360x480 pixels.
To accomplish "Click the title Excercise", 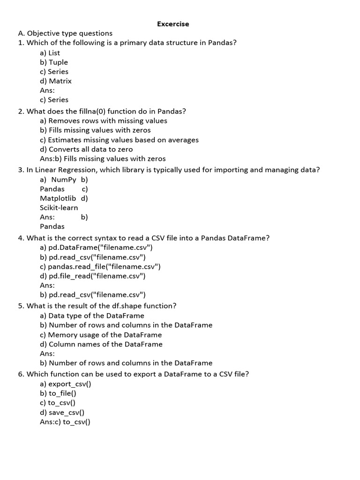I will (173, 24).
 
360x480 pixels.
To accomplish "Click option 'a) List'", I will (50, 53).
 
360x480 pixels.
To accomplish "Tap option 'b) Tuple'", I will (54, 62).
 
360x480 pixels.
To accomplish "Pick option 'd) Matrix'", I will (56, 81).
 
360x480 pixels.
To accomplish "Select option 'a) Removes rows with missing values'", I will (104, 121).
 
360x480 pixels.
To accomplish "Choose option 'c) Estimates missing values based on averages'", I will (119, 140).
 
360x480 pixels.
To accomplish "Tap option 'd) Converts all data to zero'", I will (86, 149).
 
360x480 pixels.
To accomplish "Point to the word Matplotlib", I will (58, 198).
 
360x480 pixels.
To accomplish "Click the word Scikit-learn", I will (59, 208).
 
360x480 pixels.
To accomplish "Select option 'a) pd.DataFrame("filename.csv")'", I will (96, 247).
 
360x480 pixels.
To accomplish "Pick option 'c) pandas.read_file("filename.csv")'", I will (100, 266).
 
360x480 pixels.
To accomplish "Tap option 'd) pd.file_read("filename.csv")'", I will (93, 276).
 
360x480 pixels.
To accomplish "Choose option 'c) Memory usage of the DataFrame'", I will (101, 335).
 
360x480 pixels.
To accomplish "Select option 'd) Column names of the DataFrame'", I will (101, 344).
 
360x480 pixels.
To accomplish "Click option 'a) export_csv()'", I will (66, 384).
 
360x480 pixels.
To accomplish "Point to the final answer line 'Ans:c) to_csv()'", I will (65, 422).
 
